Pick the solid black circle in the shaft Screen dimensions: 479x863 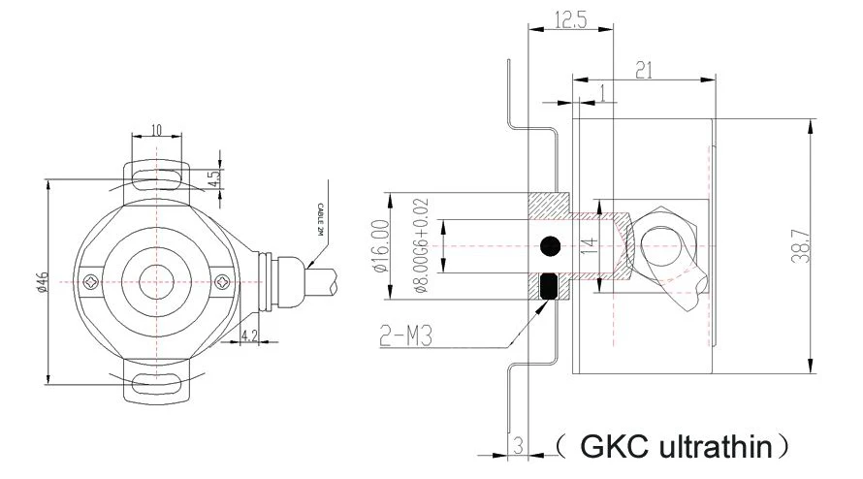tap(551, 246)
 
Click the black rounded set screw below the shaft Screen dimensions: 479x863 tap(550, 287)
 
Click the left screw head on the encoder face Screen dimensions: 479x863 tap(89, 281)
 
